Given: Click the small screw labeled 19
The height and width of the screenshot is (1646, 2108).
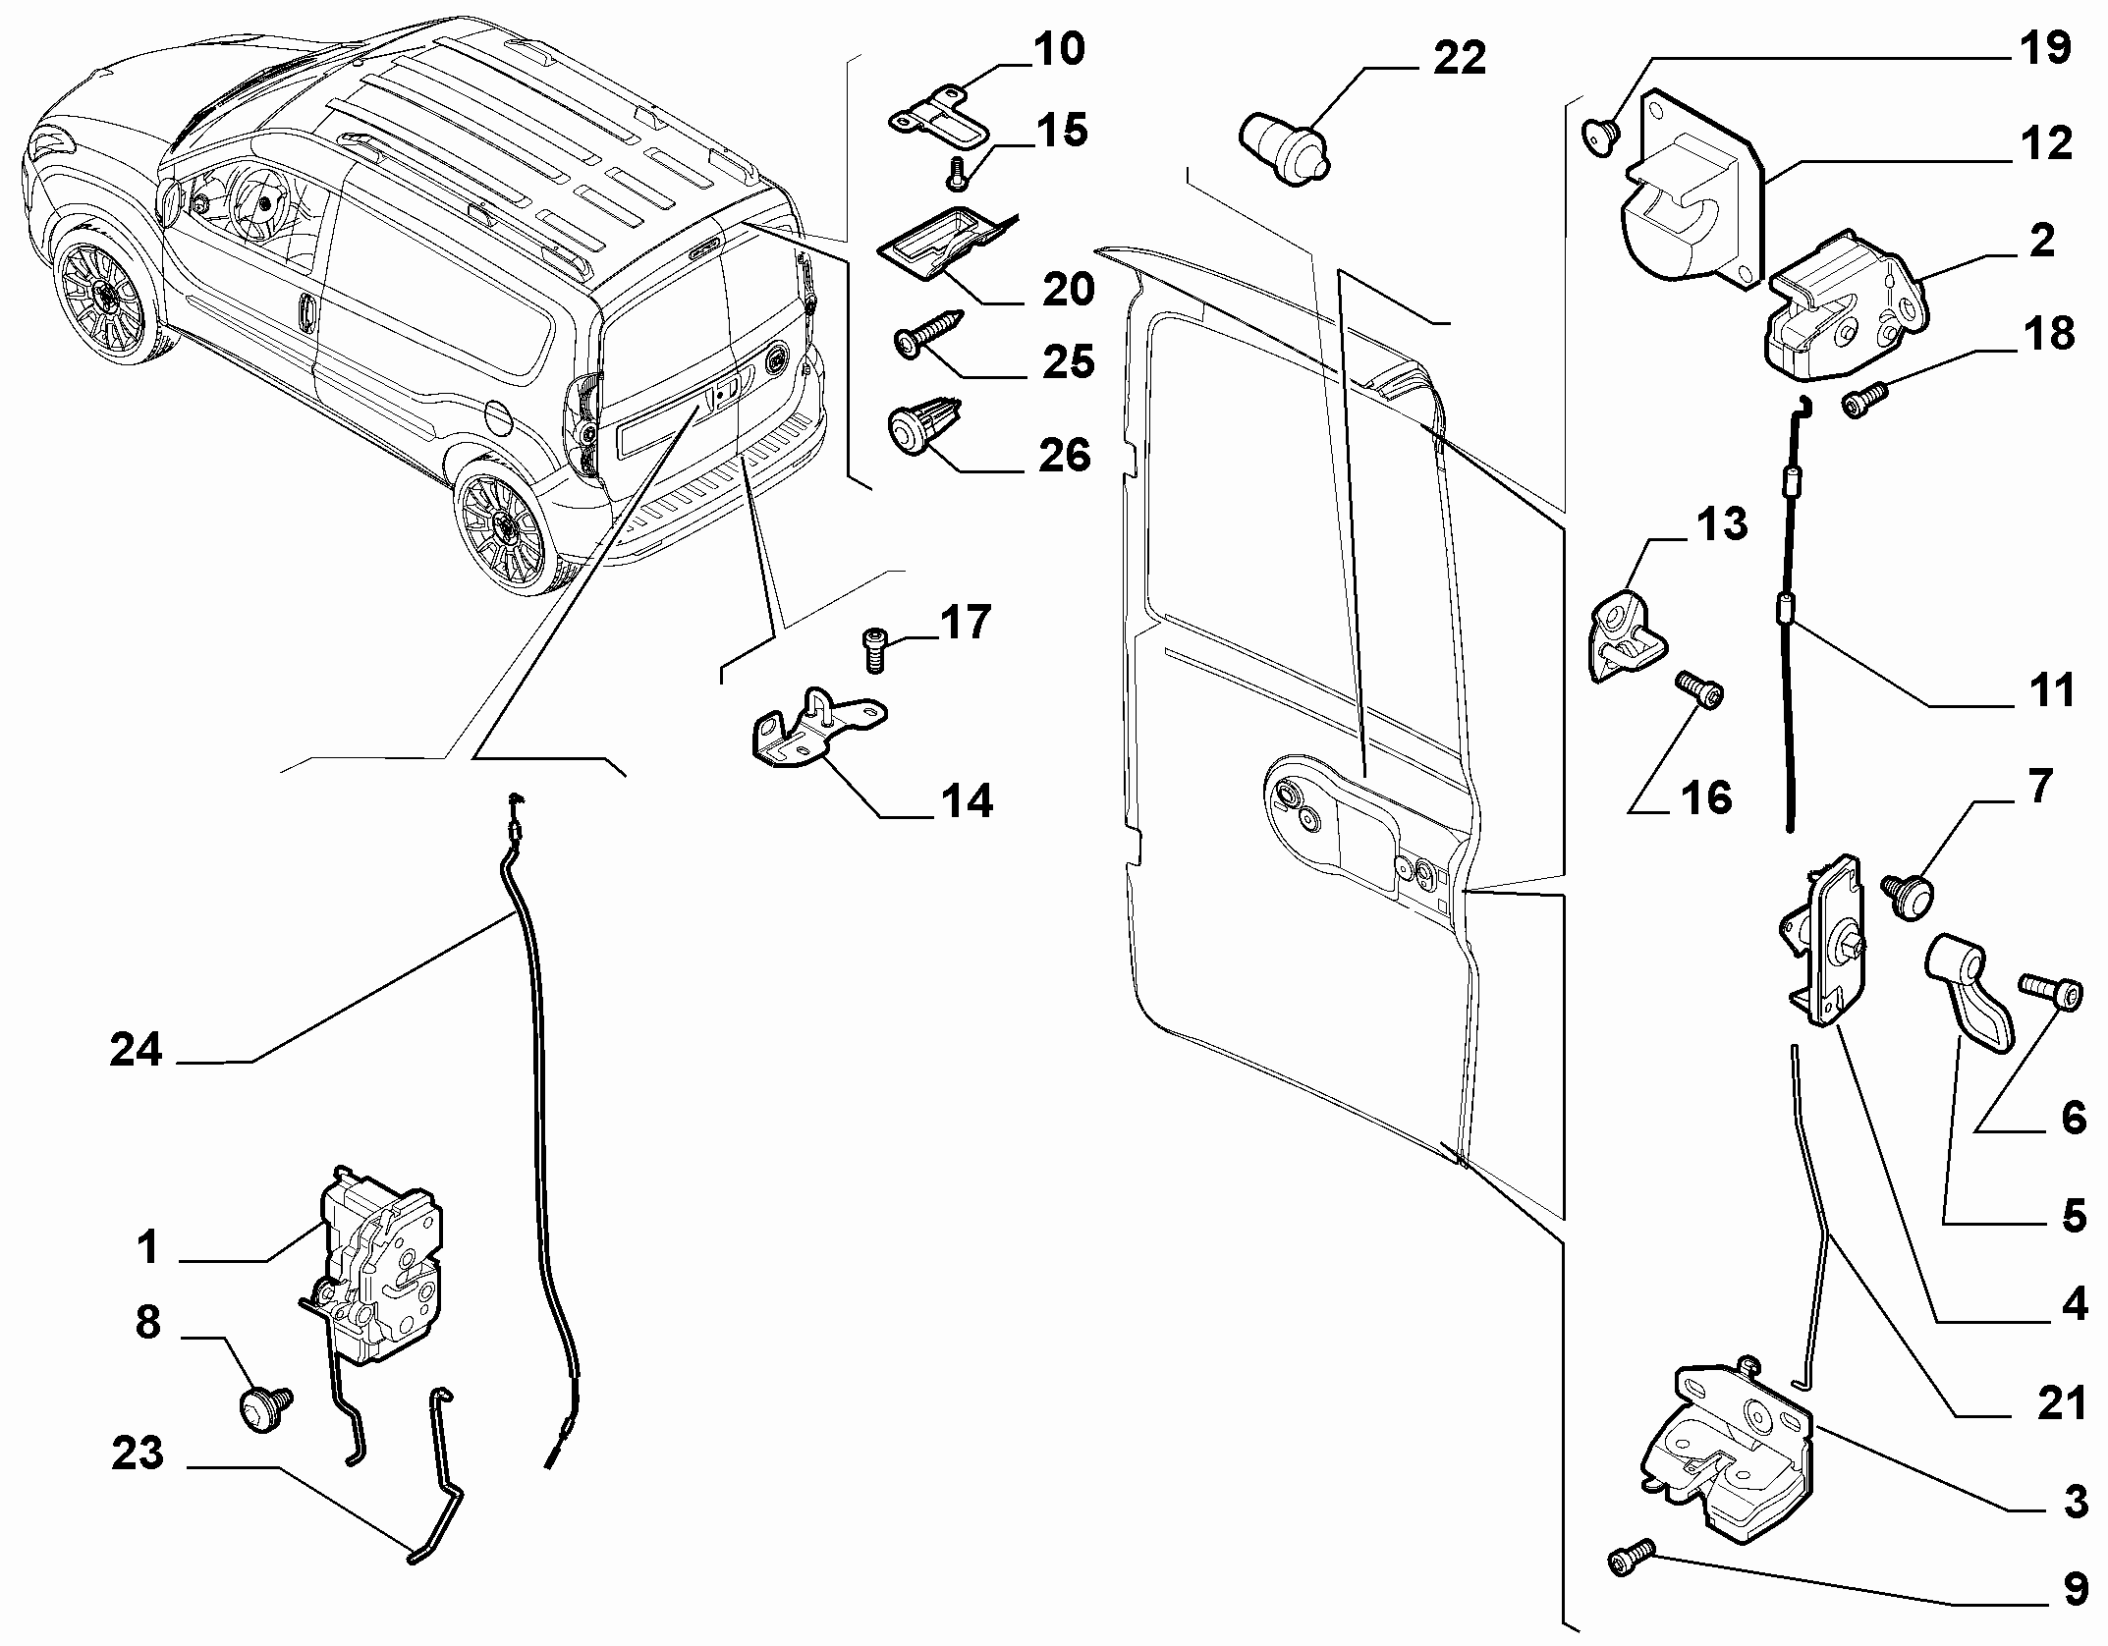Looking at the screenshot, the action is (x=1602, y=136).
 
